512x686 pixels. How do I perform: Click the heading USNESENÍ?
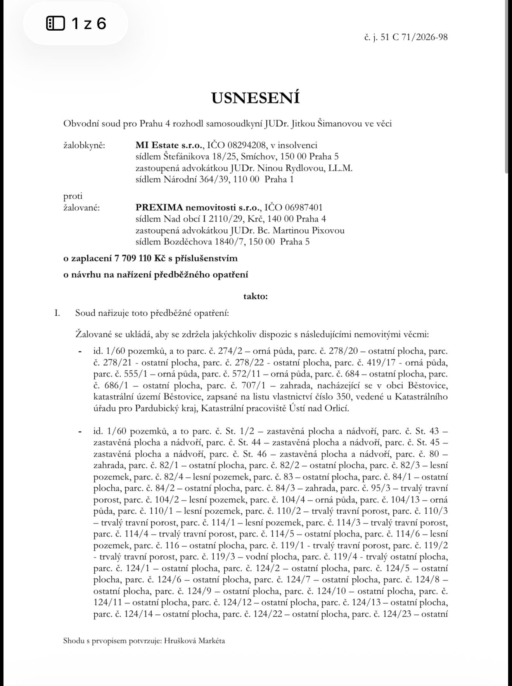coord(256,98)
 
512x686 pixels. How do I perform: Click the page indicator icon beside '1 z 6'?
coord(55,24)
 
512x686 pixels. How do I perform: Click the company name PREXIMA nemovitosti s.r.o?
coord(199,208)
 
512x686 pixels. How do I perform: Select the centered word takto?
coord(256,296)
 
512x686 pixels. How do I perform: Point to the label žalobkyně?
coord(84,146)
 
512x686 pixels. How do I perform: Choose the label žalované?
coord(81,208)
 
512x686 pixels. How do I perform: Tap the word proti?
coord(73,196)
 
